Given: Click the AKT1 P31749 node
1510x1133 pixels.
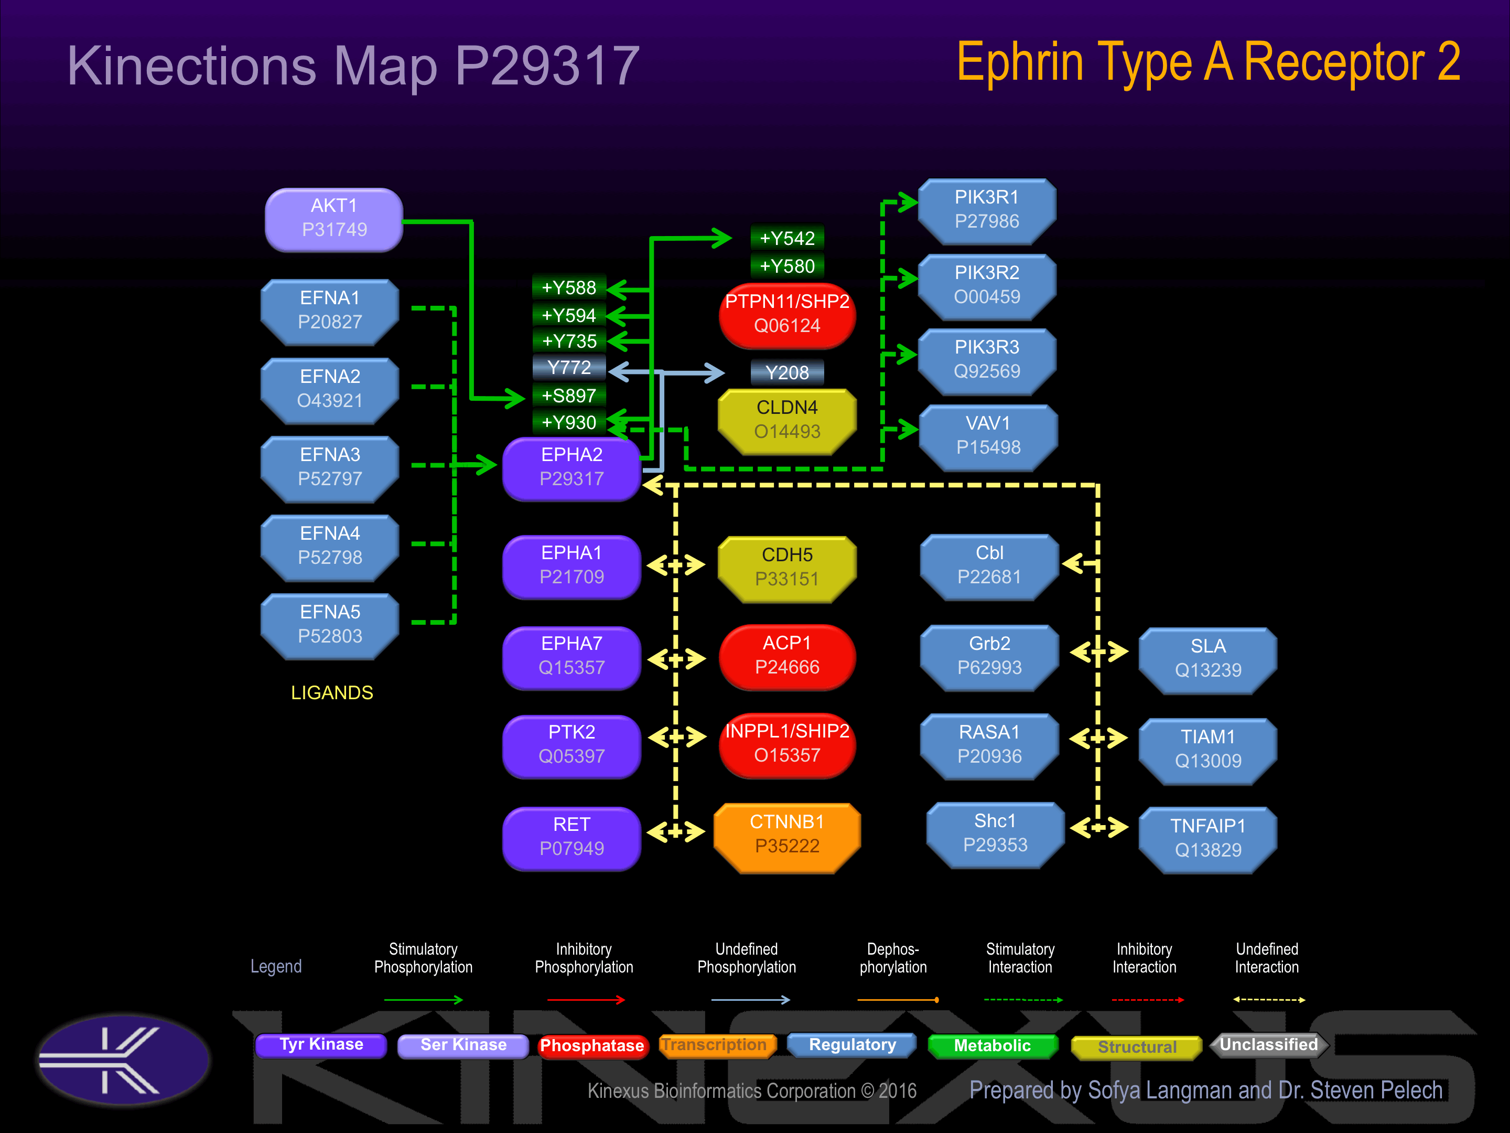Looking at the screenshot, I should click(334, 219).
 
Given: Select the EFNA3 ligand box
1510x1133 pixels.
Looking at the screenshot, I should click(330, 468).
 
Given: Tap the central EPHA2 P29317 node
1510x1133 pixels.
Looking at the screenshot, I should click(571, 468).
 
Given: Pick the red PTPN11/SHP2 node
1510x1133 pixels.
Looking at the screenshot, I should click(786, 314).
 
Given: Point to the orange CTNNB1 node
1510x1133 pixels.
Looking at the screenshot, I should click(786, 835).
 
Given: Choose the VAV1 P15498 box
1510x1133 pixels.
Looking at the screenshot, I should click(988, 436).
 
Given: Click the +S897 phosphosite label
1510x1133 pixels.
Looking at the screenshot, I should click(569, 396).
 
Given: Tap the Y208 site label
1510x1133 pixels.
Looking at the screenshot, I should click(786, 373).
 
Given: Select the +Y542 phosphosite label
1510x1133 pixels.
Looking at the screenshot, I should click(786, 238).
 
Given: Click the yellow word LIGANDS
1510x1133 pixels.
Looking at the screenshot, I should click(332, 692).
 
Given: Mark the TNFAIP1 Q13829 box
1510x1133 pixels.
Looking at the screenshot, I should click(1207, 839).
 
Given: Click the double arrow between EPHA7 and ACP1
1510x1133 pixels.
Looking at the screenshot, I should click(676, 659).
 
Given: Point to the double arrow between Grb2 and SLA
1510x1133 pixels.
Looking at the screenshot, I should click(1098, 652).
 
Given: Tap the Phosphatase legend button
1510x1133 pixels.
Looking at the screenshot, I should click(592, 1045).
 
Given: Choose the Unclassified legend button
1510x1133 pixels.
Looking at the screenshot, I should click(1268, 1045).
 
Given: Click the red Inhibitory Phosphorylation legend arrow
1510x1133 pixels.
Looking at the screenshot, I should click(586, 1000).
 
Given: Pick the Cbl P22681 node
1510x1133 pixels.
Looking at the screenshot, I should click(989, 565).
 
